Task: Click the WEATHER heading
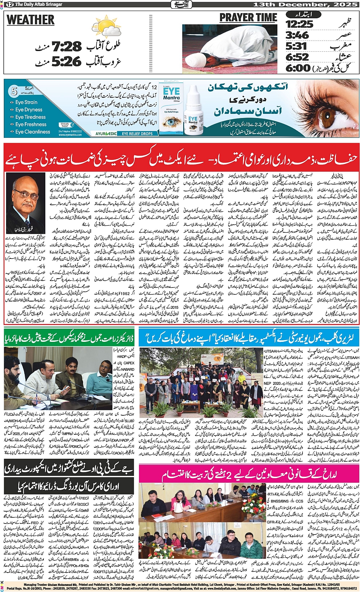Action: pos(30,20)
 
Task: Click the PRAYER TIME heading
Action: pos(248,18)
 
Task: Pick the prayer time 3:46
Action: pos(297,35)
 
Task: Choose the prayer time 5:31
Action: pos(296,46)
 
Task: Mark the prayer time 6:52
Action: pos(297,57)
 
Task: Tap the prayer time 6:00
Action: pos(298,68)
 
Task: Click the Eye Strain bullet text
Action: pos(26,102)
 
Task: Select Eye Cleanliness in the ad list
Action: pos(32,132)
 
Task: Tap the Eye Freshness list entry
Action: pos(30,124)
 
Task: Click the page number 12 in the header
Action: pos(10,4)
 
